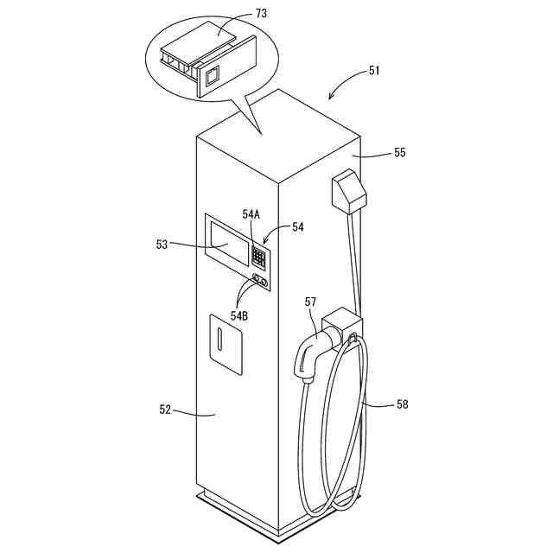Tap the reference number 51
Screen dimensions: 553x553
point(374,72)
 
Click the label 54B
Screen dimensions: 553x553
point(238,315)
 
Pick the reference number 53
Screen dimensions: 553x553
point(162,245)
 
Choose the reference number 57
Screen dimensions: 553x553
point(311,302)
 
